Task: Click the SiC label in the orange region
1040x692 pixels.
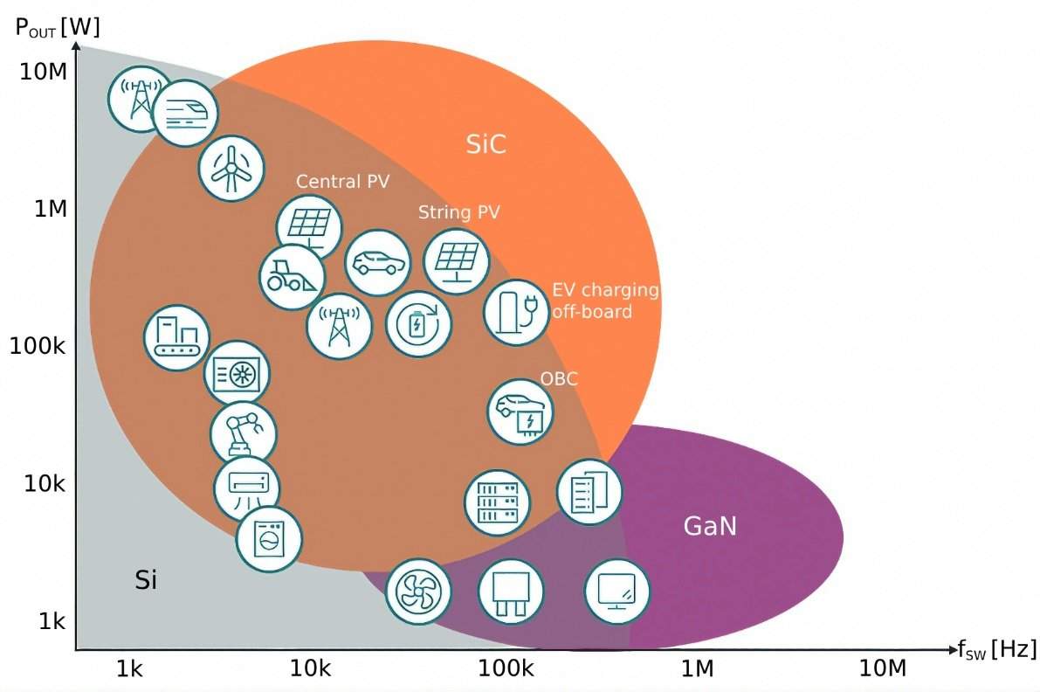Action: (x=486, y=144)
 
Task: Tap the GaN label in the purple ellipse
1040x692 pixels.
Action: (x=709, y=526)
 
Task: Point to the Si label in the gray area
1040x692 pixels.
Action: (x=146, y=579)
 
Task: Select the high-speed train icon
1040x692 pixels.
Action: (x=184, y=113)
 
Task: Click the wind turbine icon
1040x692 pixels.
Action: (x=231, y=169)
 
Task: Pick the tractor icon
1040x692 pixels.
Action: (x=292, y=276)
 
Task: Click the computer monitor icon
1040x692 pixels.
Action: (x=617, y=592)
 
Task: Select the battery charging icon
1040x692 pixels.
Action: (x=418, y=324)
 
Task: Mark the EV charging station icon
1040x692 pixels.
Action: (x=516, y=312)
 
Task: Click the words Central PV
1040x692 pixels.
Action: (x=342, y=182)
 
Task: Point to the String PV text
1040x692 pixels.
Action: (x=459, y=212)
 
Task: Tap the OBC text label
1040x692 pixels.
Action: (x=559, y=378)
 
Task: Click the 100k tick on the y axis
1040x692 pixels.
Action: (x=38, y=346)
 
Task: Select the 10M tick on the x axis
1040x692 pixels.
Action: (x=883, y=669)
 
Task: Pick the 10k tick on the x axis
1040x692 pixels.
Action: (x=310, y=669)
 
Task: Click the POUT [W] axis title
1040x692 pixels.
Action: (x=58, y=26)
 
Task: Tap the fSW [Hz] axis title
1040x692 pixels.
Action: (x=996, y=649)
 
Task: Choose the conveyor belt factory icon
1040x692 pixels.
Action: (x=176, y=337)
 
